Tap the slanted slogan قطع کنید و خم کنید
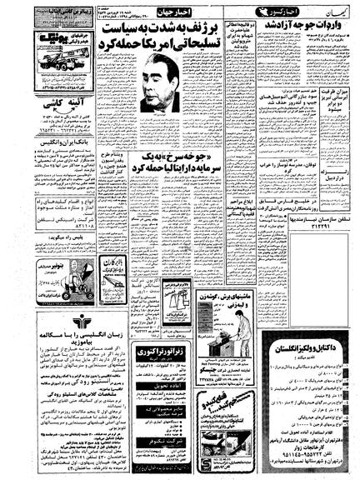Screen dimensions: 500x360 click(178, 412)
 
